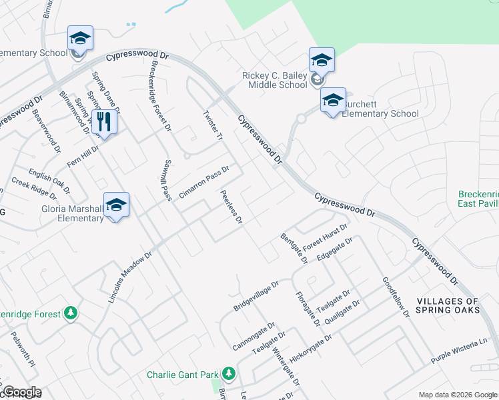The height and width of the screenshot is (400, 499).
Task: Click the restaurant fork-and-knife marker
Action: [103, 123]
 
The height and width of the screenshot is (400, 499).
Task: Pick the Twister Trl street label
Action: [211, 127]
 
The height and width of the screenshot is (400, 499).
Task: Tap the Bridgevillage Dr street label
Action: [260, 296]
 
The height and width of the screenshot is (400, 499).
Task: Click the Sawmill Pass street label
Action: [167, 180]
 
